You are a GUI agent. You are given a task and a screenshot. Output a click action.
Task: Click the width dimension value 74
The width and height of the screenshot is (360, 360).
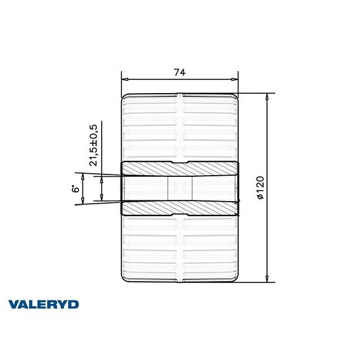click(179, 73)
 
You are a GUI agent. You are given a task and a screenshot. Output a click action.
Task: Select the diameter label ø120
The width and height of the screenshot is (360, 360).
click(261, 187)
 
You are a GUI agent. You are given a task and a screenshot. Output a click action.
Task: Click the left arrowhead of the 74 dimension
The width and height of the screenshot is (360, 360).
click(124, 79)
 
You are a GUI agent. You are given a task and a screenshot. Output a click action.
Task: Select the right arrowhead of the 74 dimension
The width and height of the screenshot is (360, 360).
click(236, 79)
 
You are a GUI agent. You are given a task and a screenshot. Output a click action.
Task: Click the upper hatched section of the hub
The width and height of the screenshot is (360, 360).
click(179, 168)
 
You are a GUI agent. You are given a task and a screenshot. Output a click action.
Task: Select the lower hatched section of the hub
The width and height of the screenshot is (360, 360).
click(179, 208)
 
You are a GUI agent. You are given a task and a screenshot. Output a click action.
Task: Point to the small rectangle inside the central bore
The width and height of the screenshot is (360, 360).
click(180, 188)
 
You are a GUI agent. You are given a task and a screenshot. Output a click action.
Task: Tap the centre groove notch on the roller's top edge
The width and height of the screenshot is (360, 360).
click(179, 96)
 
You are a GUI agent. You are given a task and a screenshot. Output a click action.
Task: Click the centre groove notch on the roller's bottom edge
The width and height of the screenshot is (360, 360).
click(179, 281)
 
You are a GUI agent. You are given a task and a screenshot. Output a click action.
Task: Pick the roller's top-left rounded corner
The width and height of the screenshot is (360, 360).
click(125, 97)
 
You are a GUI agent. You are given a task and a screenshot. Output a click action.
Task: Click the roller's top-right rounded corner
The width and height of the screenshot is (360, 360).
click(235, 97)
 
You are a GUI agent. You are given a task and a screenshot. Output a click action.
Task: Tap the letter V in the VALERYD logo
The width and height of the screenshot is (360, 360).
click(14, 305)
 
